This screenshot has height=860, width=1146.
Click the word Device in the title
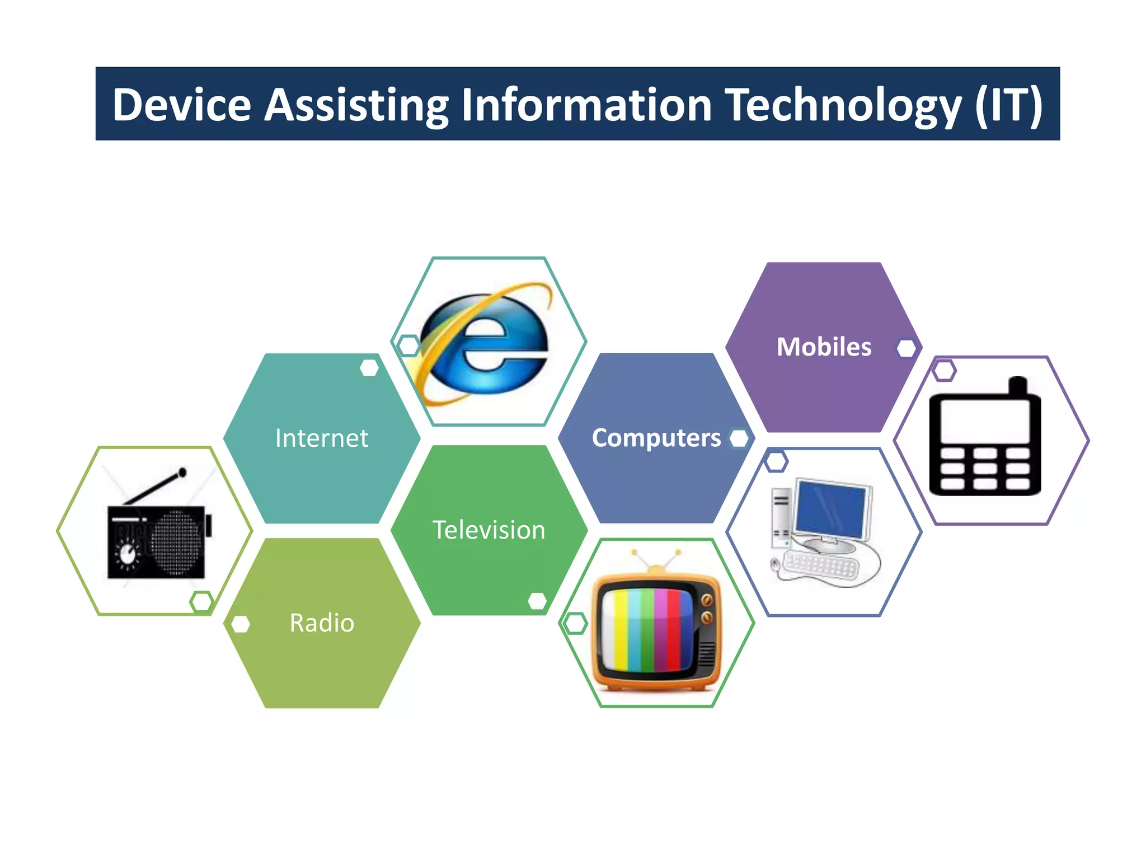tap(182, 105)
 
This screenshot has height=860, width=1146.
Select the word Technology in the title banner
tap(843, 105)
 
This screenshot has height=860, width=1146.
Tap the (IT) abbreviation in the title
tap(1008, 105)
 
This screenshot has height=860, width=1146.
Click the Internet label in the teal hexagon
tap(322, 438)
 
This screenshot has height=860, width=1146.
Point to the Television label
tap(489, 530)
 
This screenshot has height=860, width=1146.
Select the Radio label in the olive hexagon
tap(322, 623)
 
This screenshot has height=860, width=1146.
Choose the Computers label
tap(656, 438)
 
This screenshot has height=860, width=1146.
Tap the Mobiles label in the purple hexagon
tap(824, 347)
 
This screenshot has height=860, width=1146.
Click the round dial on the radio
tap(128, 554)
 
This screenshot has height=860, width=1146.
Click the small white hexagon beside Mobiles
tap(906, 348)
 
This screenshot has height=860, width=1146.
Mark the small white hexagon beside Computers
tap(739, 438)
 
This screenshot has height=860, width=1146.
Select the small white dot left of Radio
tap(241, 624)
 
